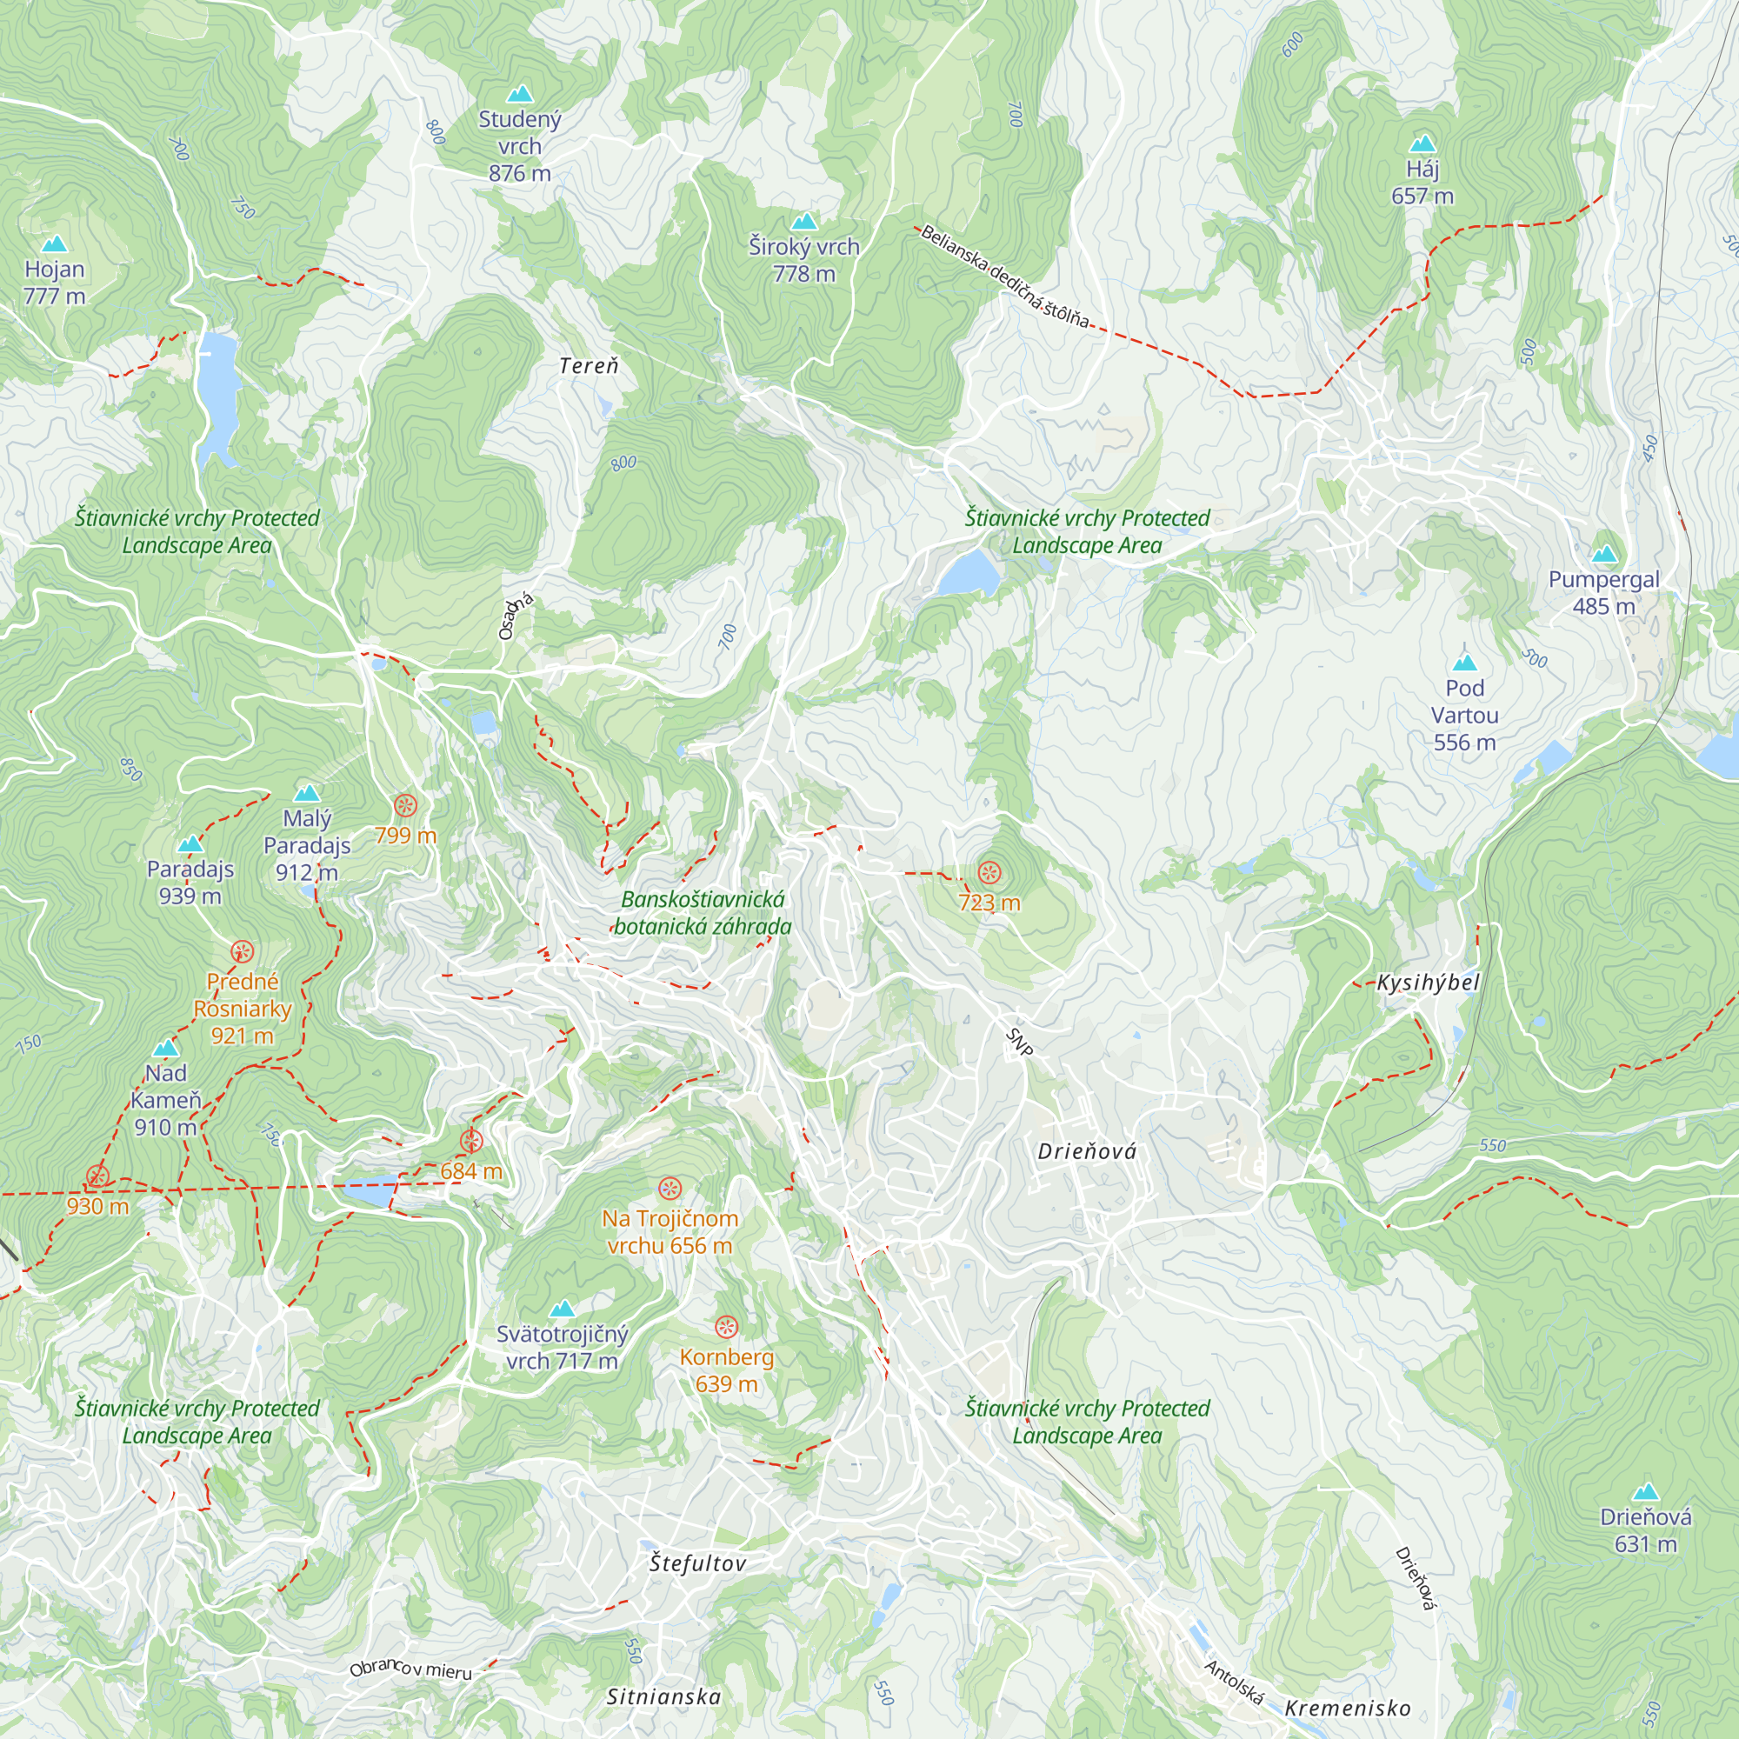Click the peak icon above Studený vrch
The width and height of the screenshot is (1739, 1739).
coord(519,94)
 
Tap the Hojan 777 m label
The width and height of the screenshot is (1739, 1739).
coord(54,282)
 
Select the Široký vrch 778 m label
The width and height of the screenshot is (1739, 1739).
coord(803,259)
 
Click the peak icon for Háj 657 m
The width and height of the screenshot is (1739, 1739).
coord(1423,143)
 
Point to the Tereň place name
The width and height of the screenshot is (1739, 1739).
coord(589,365)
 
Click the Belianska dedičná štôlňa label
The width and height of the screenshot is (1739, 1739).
coord(1003,277)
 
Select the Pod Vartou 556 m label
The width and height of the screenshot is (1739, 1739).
coord(1464,715)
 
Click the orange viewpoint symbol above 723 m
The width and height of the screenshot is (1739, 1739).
coord(989,872)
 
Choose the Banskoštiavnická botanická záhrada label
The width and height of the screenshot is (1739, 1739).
coord(702,913)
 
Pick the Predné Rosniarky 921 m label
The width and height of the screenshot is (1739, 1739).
coord(242,1007)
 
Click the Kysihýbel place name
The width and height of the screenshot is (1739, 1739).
coord(1429,983)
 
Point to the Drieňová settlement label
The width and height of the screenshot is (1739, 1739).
coord(1086,1151)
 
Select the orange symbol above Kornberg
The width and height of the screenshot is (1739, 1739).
coord(725,1326)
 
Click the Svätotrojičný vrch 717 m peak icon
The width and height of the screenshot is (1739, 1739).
coord(562,1308)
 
